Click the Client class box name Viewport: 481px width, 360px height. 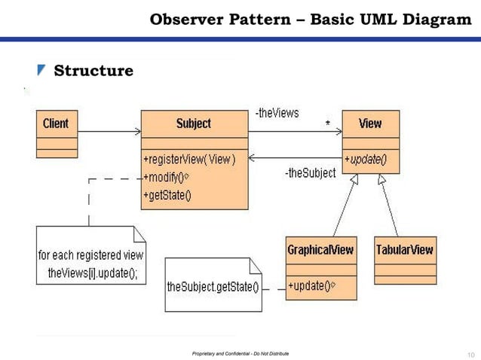(56, 124)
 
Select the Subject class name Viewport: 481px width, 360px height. (194, 124)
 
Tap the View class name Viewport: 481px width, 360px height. (370, 124)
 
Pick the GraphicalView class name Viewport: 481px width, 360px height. (320, 250)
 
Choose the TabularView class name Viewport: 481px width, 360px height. (405, 250)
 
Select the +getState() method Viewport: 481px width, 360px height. (167, 196)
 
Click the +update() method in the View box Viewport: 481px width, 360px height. (366, 159)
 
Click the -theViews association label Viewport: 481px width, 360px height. (277, 113)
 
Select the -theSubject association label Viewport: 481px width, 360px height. (310, 173)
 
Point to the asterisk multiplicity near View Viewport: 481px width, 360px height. (328, 121)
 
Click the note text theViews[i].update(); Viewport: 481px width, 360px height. (92, 273)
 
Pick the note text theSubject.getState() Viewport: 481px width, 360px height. (213, 287)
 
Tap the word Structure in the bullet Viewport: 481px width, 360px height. (93, 71)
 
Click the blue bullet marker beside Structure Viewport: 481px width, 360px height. (41, 71)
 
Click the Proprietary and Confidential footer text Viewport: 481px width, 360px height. (240, 353)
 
